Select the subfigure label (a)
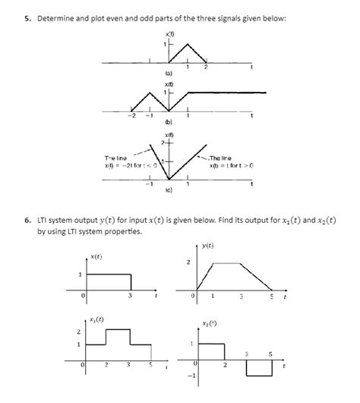(x=167, y=72)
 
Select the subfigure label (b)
(x=167, y=120)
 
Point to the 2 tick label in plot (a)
(x=205, y=68)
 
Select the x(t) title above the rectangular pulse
(x=96, y=257)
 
